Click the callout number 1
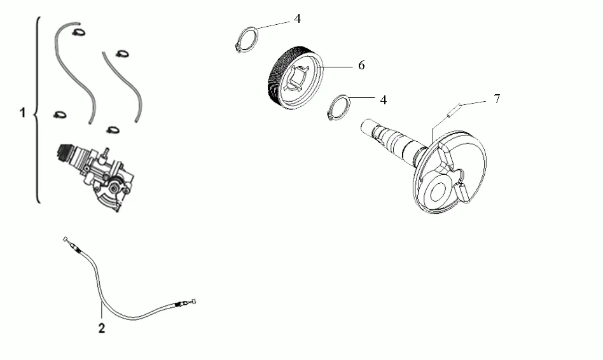click(23, 113)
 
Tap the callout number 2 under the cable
click(102, 328)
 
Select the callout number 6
click(361, 66)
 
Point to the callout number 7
click(497, 99)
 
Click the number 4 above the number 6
click(298, 18)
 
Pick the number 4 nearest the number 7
click(383, 100)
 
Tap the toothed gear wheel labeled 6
click(295, 78)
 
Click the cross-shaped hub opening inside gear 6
click(299, 78)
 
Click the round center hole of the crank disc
click(438, 191)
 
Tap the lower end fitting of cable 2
click(186, 303)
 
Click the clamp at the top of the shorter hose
click(122, 53)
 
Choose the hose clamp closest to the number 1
click(60, 114)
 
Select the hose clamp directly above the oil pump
click(113, 130)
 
